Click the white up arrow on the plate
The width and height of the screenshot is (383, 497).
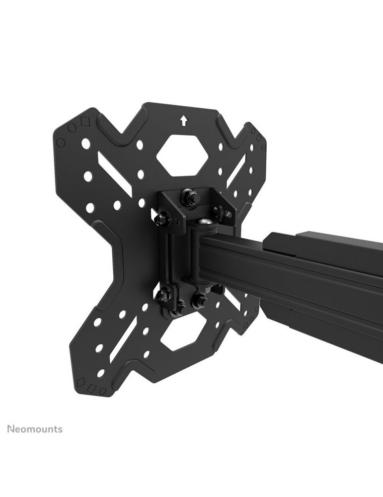(x=183, y=120)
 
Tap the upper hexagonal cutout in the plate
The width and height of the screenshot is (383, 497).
(x=183, y=155)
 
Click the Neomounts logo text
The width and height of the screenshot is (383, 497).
(x=35, y=429)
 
